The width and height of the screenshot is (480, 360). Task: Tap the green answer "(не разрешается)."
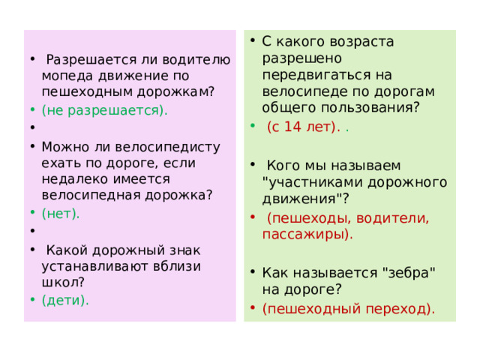click(x=105, y=109)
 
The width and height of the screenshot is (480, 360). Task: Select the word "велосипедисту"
click(x=182, y=146)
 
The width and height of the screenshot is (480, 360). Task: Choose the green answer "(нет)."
click(x=61, y=213)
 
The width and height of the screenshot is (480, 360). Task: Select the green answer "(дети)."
click(x=65, y=300)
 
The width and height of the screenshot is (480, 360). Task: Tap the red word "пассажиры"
click(x=304, y=234)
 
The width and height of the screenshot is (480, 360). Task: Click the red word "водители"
click(x=391, y=217)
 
